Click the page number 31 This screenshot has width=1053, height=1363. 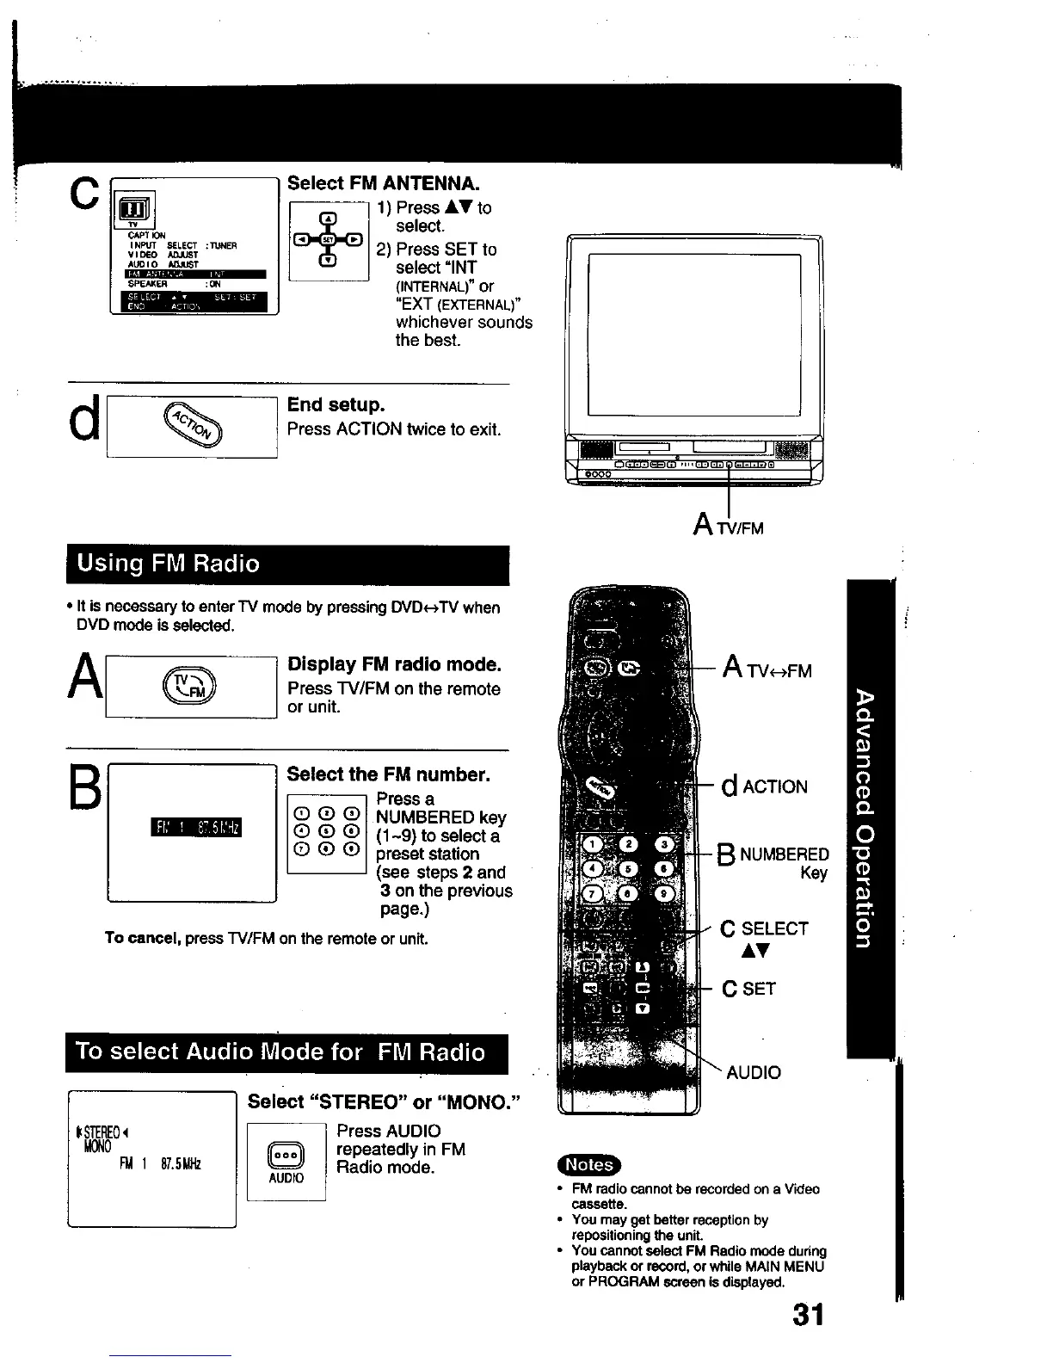click(x=807, y=1314)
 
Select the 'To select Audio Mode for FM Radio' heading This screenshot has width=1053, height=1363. click(x=280, y=1052)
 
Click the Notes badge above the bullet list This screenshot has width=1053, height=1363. click(x=589, y=1164)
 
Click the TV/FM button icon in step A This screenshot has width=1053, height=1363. click(x=192, y=686)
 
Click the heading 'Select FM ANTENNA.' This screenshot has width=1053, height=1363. click(x=383, y=183)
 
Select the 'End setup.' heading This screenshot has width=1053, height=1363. click(x=336, y=404)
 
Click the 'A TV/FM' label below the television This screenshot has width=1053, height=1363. click(x=728, y=524)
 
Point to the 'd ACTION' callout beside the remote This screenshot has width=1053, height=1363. click(x=765, y=786)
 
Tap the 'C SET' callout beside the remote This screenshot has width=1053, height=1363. click(x=748, y=989)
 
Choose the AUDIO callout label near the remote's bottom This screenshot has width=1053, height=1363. click(x=754, y=1072)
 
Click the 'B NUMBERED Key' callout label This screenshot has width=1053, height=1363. click(x=773, y=861)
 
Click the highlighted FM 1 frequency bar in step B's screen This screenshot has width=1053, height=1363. click(x=195, y=827)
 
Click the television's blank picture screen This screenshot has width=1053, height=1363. click(x=693, y=335)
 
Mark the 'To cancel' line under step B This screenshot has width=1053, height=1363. click(x=266, y=938)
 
